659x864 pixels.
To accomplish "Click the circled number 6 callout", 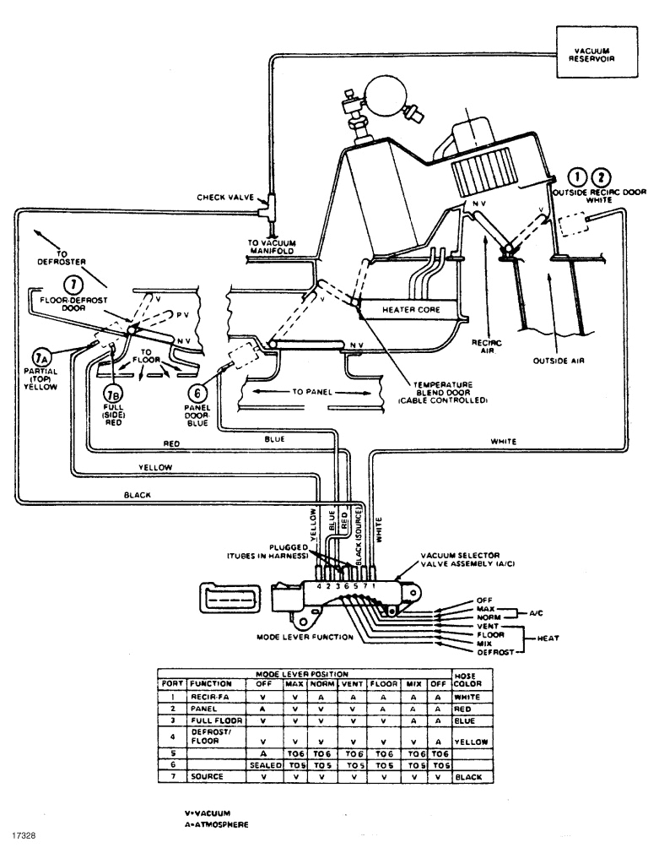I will pyautogui.click(x=197, y=392).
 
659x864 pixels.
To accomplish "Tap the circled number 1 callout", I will pyautogui.click(x=577, y=177).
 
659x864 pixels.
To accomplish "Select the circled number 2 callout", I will pyautogui.click(x=601, y=177).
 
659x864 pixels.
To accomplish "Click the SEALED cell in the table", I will pyautogui.click(x=263, y=762).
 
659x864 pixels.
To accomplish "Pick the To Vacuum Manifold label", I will pyautogui.click(x=272, y=247).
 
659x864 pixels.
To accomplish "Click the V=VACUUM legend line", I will pyautogui.click(x=207, y=812).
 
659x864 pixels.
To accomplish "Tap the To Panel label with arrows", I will pyautogui.click(x=294, y=392).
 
